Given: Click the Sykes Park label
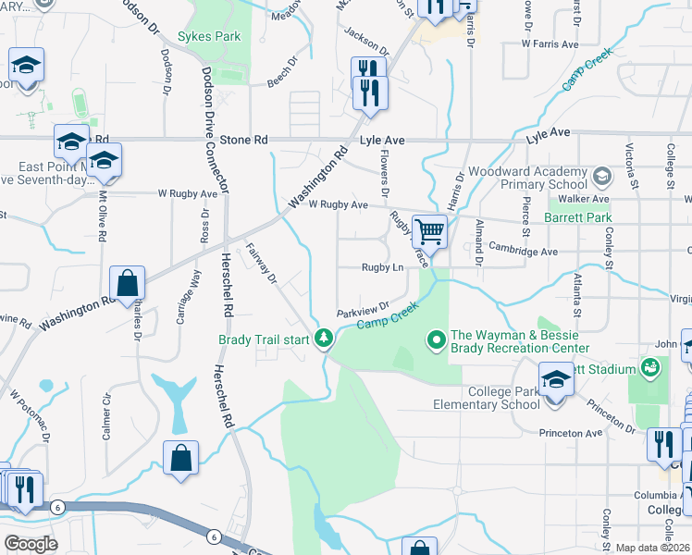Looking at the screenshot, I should click(x=210, y=37).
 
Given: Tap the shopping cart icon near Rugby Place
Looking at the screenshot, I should click(x=428, y=229).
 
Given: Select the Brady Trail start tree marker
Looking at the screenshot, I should click(x=324, y=339).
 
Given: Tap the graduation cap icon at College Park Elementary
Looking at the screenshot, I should click(x=555, y=380).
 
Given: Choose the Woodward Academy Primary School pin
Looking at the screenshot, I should click(x=602, y=175).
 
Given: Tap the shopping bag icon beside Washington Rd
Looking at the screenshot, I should click(x=127, y=283).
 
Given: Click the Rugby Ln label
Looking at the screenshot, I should click(x=382, y=267).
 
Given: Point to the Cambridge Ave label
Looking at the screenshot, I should click(x=525, y=251).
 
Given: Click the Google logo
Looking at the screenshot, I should click(x=31, y=544).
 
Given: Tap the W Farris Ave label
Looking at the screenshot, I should click(x=550, y=43).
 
